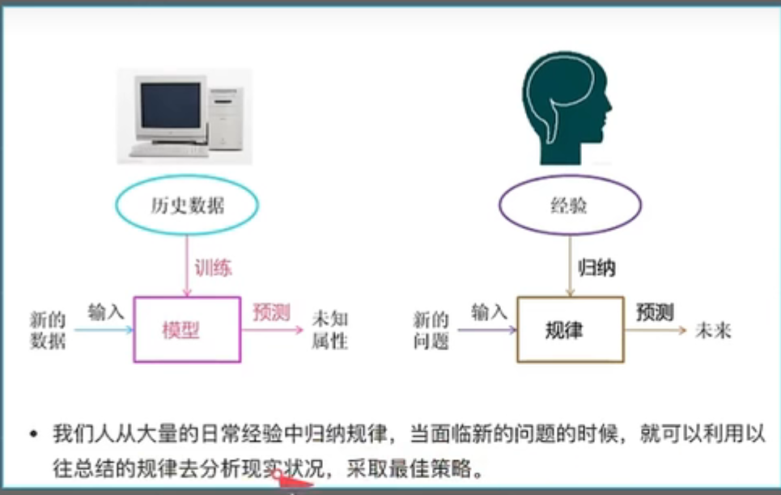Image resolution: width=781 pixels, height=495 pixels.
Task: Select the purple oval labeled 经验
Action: (x=570, y=206)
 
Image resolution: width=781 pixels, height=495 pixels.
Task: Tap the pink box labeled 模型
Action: (x=187, y=329)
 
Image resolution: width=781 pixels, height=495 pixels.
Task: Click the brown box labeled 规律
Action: (x=570, y=329)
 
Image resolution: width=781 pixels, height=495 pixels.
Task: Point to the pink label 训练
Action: (x=213, y=268)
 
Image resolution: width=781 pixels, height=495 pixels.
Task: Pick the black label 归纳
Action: (x=596, y=268)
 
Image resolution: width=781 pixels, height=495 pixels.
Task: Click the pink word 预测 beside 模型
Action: (x=271, y=312)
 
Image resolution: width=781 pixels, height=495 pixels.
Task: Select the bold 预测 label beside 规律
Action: (x=655, y=312)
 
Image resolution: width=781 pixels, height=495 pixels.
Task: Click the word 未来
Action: (x=713, y=330)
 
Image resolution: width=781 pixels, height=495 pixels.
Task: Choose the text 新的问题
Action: (x=431, y=330)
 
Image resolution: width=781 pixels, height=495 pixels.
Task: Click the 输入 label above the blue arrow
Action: (x=106, y=312)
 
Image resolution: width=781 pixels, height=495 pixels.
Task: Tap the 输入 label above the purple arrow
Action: (x=489, y=312)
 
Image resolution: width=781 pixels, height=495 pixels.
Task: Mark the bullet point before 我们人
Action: (x=34, y=435)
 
